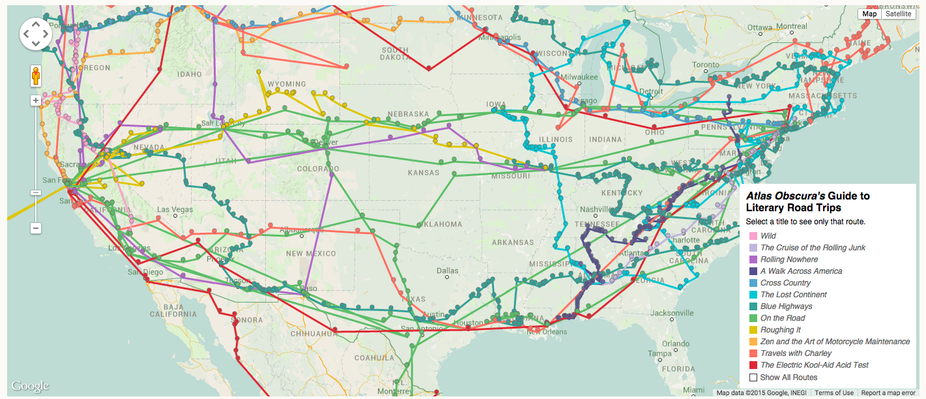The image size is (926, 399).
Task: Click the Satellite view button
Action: [x=898, y=14]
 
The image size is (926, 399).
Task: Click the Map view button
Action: [x=869, y=14]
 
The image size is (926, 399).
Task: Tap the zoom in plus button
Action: [x=36, y=100]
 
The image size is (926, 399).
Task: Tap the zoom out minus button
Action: [x=36, y=228]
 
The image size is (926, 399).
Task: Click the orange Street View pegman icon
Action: [x=36, y=77]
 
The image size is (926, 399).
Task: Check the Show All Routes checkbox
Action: [x=753, y=377]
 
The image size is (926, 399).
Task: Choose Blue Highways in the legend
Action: [x=786, y=306]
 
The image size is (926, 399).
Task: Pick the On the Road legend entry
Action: [x=783, y=318]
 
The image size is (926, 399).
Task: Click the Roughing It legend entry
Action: [x=780, y=330]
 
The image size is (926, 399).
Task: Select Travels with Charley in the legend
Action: [x=796, y=353]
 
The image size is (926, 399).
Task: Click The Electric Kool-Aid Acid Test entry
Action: [x=814, y=365]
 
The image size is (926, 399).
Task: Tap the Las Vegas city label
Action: [x=175, y=209]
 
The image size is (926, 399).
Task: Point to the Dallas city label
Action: [x=448, y=270]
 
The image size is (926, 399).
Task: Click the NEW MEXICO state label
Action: [x=310, y=254]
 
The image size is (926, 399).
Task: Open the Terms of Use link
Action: [x=833, y=393]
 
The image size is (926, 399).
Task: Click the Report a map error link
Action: [x=888, y=393]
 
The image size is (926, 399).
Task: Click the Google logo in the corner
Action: [x=30, y=386]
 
